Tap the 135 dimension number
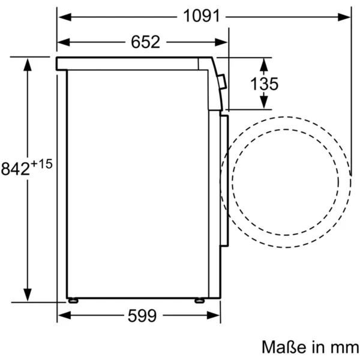coord(265,84)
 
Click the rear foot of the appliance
coord(73,300)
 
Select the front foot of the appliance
coord(199,300)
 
